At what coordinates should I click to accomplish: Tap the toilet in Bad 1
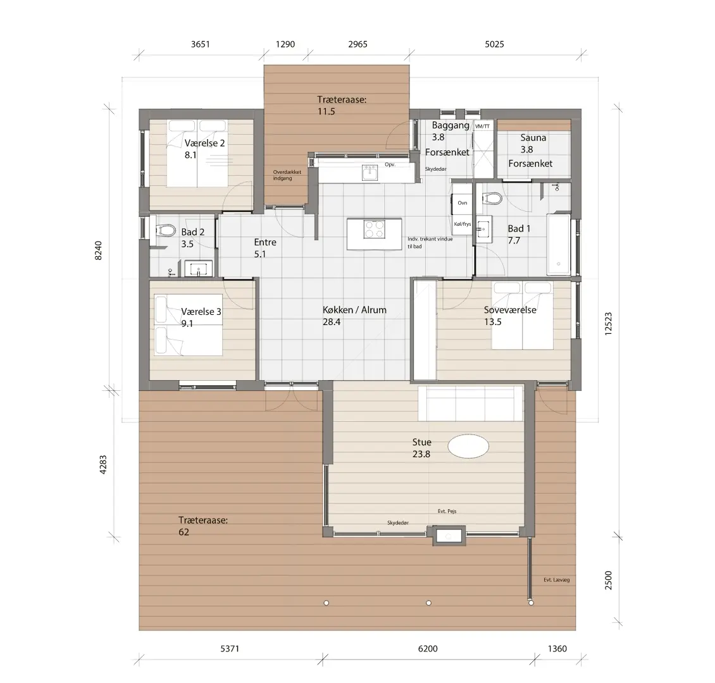(492, 198)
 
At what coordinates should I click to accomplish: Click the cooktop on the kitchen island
(375, 229)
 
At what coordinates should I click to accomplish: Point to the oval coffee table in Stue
(468, 446)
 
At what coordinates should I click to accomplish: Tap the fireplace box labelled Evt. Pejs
(449, 536)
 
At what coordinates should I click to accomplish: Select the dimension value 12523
(608, 324)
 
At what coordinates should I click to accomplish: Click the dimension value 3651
(200, 44)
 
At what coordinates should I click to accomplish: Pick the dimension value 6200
(428, 648)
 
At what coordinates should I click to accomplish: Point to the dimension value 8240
(99, 250)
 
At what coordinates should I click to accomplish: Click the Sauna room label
(533, 138)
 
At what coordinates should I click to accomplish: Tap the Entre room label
(265, 242)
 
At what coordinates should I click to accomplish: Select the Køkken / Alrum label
(354, 310)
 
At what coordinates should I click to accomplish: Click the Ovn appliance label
(463, 203)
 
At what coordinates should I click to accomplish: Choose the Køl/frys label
(463, 224)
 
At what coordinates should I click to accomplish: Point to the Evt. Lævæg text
(556, 580)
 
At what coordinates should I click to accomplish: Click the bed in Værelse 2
(197, 153)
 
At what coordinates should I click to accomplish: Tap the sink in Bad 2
(198, 268)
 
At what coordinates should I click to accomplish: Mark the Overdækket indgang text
(287, 175)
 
